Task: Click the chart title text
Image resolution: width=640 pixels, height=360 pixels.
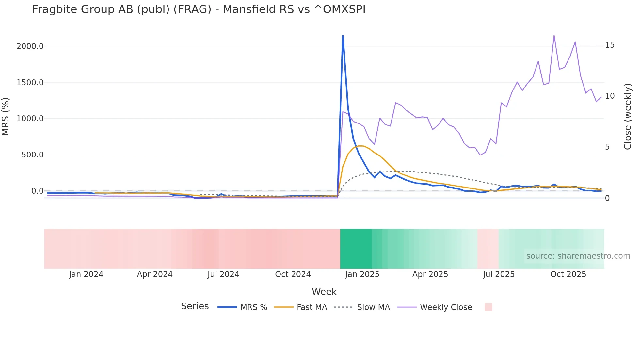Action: [x=199, y=9]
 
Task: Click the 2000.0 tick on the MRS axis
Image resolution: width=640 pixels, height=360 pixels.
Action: [x=30, y=46]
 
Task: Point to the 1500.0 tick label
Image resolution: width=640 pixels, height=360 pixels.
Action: [x=30, y=83]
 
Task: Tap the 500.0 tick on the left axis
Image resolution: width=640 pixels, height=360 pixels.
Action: [x=32, y=155]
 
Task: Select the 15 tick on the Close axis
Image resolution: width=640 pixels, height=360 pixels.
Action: [x=610, y=45]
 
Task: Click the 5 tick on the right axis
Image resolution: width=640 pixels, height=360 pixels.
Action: [x=607, y=147]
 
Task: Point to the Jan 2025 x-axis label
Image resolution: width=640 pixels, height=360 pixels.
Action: [x=362, y=274]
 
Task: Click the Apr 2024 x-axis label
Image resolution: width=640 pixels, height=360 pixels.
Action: [x=155, y=274]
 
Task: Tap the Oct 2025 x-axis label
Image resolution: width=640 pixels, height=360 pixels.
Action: [x=568, y=274]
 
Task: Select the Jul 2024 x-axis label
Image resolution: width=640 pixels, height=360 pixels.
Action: [x=223, y=274]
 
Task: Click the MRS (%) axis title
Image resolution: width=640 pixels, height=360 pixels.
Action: [x=6, y=116]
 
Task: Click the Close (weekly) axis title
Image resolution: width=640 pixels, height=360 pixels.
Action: [x=628, y=116]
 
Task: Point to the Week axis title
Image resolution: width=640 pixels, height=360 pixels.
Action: [x=324, y=292]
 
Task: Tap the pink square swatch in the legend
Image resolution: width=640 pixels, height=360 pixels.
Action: [x=488, y=307]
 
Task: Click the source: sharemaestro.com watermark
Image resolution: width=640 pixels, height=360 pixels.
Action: [x=578, y=256]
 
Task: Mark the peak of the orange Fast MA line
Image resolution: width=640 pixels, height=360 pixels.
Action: [x=359, y=146]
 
